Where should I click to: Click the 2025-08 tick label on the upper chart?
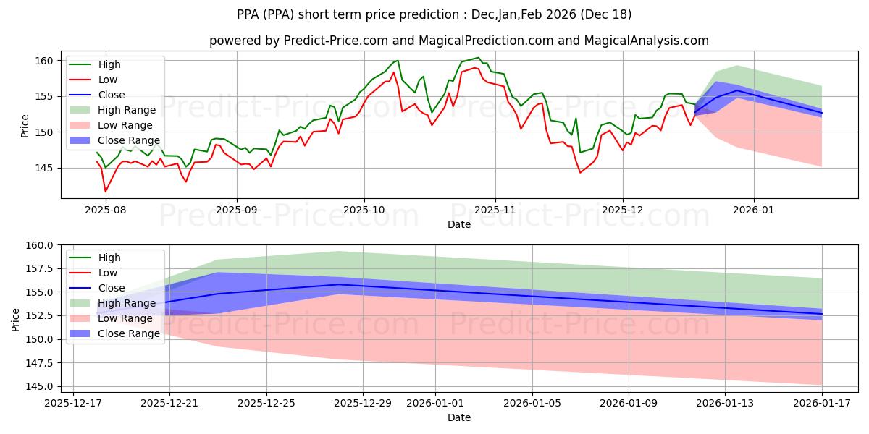106,210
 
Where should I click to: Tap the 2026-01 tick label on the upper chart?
754,210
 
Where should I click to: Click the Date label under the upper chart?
459,224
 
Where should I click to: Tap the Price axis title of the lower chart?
15,319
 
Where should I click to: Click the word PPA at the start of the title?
250,14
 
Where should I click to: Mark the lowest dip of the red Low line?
106,192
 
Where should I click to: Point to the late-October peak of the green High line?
478,58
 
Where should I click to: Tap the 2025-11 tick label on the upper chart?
495,210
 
